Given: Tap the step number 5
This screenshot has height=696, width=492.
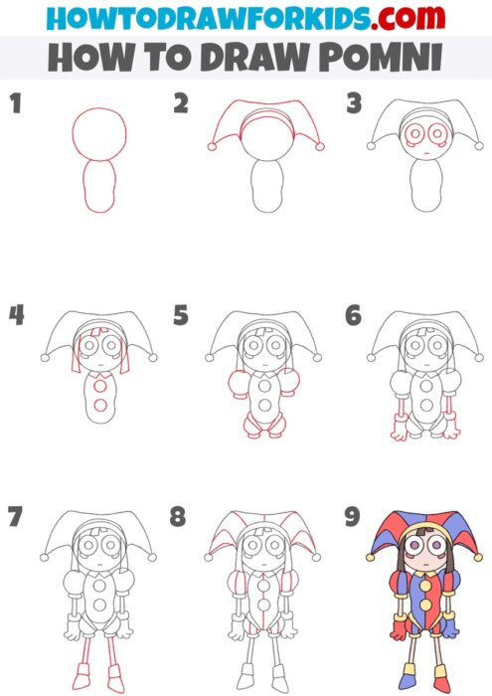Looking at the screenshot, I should point(181,317).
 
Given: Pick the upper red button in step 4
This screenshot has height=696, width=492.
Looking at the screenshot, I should point(100,387).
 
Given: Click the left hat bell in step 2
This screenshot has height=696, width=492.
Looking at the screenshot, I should point(211,147).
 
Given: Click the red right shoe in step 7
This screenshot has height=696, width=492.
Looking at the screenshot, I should point(117,685).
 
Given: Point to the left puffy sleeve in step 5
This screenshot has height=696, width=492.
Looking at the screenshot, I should point(237,383).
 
